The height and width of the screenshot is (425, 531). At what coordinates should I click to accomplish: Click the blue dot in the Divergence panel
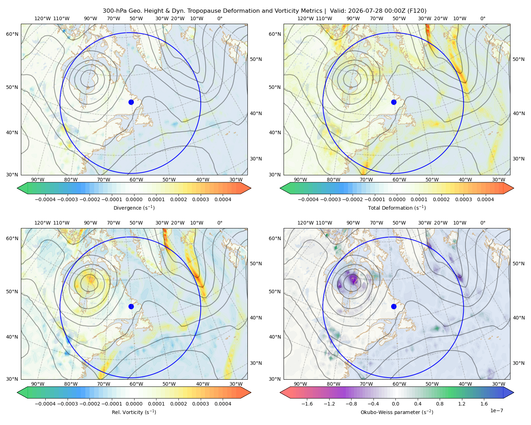click(131, 102)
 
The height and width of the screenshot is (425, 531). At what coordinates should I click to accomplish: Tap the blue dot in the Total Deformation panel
click(394, 102)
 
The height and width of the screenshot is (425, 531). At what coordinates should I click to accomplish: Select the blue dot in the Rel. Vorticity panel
click(131, 306)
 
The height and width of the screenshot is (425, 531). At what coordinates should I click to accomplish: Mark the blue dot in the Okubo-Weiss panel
click(394, 306)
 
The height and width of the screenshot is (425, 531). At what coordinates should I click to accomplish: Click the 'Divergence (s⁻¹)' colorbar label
click(134, 208)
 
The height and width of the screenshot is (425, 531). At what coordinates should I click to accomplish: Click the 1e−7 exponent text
click(496, 410)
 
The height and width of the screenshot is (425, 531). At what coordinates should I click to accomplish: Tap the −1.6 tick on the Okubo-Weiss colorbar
click(307, 403)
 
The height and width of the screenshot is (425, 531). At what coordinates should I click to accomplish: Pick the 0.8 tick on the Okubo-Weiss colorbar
click(440, 403)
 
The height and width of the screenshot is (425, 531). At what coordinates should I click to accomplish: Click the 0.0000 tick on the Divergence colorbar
click(134, 199)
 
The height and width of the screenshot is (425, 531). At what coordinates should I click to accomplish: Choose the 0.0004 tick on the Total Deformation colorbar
click(485, 199)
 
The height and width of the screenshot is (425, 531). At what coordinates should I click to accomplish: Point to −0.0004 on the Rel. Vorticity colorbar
click(45, 403)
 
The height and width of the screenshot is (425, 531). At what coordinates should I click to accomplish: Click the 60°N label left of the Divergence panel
click(12, 34)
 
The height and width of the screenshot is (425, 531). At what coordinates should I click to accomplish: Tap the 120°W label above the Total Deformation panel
click(305, 18)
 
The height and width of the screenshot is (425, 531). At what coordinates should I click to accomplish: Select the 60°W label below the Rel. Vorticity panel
click(136, 384)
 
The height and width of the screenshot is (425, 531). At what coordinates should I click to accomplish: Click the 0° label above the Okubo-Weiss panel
click(483, 222)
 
